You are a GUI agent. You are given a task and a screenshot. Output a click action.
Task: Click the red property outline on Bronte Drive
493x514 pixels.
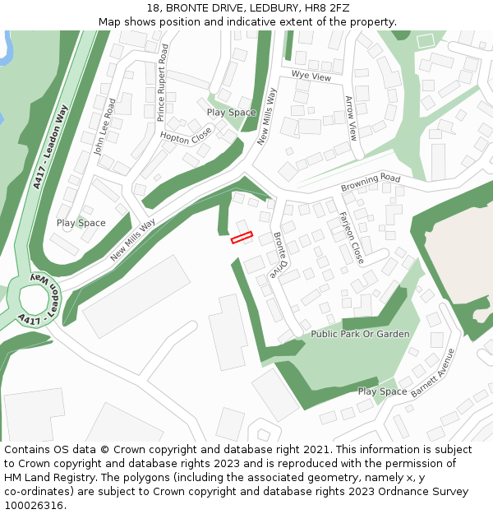(241, 238)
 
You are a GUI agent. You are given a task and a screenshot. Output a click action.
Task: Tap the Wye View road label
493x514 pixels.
(311, 76)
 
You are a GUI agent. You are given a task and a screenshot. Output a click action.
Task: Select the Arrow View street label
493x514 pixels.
(351, 118)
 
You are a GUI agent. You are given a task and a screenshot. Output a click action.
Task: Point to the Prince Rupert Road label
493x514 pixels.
(162, 83)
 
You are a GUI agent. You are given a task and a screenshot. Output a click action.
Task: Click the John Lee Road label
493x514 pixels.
(104, 127)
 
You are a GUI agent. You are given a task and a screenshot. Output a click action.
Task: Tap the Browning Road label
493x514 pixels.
(371, 183)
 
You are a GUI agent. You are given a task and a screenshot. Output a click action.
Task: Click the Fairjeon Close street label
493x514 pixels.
(351, 238)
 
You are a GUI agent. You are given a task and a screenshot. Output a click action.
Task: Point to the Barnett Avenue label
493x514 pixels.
(432, 373)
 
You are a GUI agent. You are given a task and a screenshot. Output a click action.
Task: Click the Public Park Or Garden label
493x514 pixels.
(360, 335)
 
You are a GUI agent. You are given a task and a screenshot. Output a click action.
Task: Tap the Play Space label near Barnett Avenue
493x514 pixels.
(382, 391)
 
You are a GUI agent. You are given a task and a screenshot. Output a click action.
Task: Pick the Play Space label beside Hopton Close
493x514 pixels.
(231, 113)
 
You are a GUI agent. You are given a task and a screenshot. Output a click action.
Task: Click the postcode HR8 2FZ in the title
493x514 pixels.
(326, 8)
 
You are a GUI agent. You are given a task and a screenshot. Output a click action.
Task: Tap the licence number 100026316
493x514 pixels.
(34, 506)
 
